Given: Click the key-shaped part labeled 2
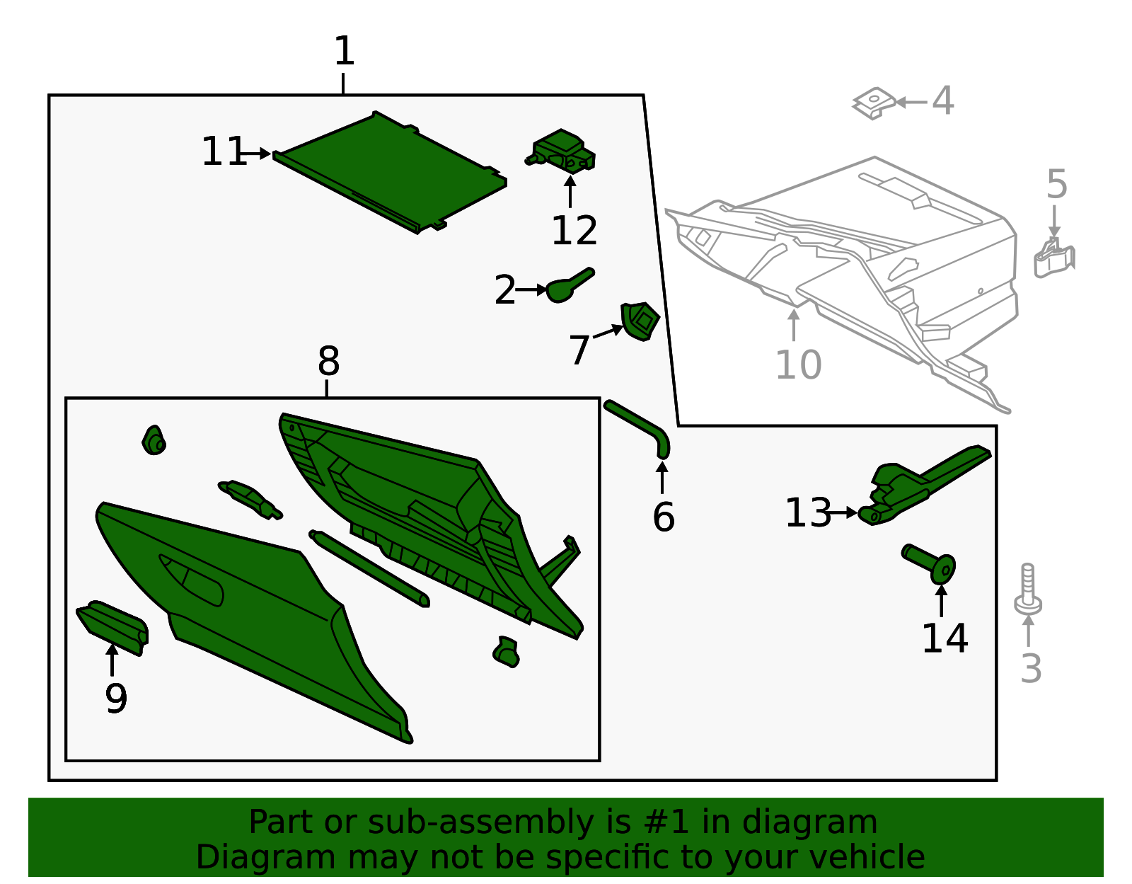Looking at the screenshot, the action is pos(570,285).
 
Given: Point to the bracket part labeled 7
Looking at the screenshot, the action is pos(640,321).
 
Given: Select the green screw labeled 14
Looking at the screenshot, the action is pos(930,564).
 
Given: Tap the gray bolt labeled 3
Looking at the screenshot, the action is pos(1028,589).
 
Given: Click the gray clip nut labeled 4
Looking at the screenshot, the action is pos(874,103).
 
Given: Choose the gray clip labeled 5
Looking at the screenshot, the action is pos(1054,258).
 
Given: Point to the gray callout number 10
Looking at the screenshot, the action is pos(798,364).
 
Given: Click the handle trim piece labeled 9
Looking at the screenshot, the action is pos(112,628).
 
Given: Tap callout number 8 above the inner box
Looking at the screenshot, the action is pos(329,360).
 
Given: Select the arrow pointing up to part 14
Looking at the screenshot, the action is pos(942,601).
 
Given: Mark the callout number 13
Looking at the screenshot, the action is pos(808,512).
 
